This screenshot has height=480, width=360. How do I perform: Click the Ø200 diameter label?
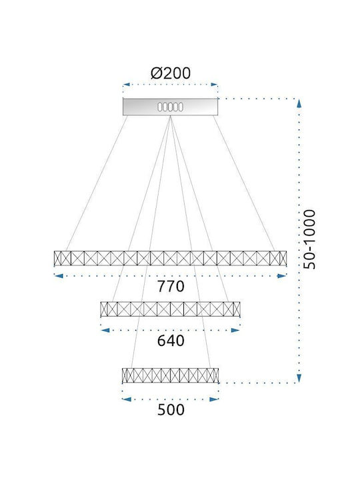coord(171,73)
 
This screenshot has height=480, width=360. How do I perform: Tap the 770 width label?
coord(171,287)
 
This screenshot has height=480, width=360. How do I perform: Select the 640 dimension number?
coord(171,341)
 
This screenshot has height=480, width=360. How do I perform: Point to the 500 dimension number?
coord(171,409)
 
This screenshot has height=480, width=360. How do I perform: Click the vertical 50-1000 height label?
coord(309,239)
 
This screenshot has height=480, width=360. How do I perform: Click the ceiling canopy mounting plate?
coord(170,107)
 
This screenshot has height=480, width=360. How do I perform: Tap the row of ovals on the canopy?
coord(170,107)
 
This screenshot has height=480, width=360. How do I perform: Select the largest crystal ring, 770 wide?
coord(170,258)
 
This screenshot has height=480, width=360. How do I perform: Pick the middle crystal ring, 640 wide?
coord(170,309)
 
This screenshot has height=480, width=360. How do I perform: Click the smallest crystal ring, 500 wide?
coord(170,375)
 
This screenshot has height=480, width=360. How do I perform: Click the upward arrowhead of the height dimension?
coord(299,103)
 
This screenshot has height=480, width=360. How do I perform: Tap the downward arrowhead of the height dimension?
coord(299,378)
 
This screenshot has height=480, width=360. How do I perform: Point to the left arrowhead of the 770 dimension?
coord(59,276)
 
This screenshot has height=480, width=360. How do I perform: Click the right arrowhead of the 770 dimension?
coord(281,276)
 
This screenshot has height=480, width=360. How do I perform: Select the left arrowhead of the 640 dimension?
coord(105,330)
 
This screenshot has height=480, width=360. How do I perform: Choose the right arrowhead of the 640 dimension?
coord(235,330)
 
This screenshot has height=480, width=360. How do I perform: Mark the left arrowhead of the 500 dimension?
coord(127,399)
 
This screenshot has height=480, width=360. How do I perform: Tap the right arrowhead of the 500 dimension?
coord(214,399)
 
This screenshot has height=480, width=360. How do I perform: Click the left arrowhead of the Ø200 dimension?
coord(127,85)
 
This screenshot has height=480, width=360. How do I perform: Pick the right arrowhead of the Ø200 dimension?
coord(214,85)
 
